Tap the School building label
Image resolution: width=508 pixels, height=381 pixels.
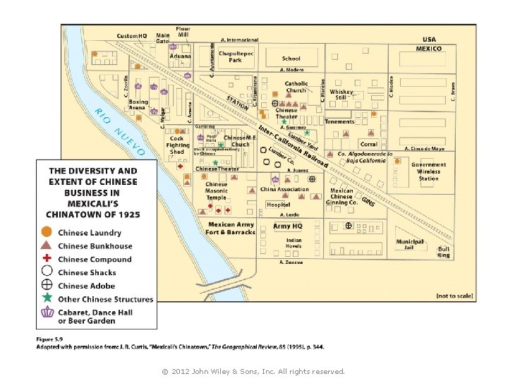click(x=291, y=59)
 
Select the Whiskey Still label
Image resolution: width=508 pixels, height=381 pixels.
click(x=341, y=95)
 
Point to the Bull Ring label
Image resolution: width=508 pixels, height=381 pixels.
click(x=444, y=251)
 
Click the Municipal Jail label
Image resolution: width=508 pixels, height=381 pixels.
click(x=410, y=244)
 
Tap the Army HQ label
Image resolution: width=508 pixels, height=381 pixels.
click(x=288, y=226)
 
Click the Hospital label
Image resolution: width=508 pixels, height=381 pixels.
click(x=278, y=205)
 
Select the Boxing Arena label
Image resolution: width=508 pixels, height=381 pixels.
click(x=138, y=105)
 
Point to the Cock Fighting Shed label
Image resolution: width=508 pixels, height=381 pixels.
click(x=177, y=145)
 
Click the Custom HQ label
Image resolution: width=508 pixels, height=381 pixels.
click(x=132, y=36)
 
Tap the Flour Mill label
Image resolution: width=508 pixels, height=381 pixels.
click(x=183, y=32)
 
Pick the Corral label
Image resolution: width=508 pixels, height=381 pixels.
click(x=368, y=144)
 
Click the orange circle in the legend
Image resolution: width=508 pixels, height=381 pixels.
click(x=47, y=232)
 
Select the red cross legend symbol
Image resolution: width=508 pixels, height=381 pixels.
click(x=47, y=259)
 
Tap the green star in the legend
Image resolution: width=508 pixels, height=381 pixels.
click(x=47, y=298)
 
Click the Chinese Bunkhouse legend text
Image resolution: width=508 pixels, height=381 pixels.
click(x=95, y=246)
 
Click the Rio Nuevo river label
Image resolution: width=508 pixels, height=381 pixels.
click(x=119, y=132)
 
